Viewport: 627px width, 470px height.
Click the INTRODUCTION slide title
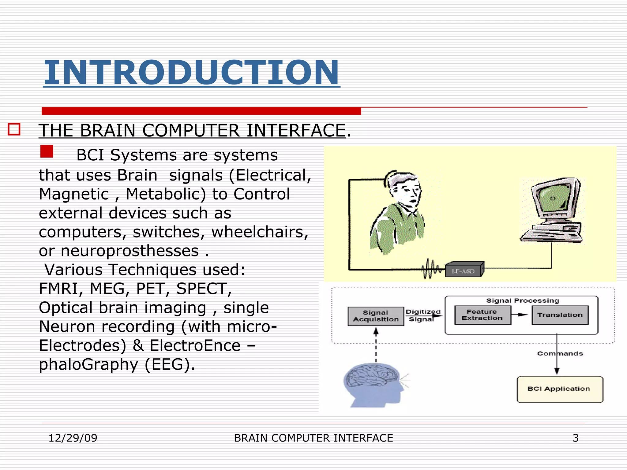[x=191, y=73]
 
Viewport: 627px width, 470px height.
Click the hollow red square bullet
[x=14, y=129]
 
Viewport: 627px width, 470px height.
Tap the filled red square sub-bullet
[x=47, y=151]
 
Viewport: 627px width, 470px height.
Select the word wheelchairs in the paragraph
[x=260, y=232]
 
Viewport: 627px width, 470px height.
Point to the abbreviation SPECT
[x=204, y=289]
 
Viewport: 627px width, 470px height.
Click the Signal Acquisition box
[x=376, y=316]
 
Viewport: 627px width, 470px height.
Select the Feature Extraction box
[x=482, y=315]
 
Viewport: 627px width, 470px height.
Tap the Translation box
[x=560, y=315]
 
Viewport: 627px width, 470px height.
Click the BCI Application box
[x=560, y=389]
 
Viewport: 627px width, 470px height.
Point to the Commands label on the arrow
[x=560, y=353]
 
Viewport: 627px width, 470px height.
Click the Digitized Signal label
[x=422, y=315]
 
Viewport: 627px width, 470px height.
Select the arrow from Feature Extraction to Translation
[x=520, y=315]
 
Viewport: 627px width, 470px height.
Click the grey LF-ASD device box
[x=464, y=270]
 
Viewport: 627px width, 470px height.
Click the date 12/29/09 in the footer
[x=73, y=438]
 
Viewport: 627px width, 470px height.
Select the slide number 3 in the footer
[x=576, y=438]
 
